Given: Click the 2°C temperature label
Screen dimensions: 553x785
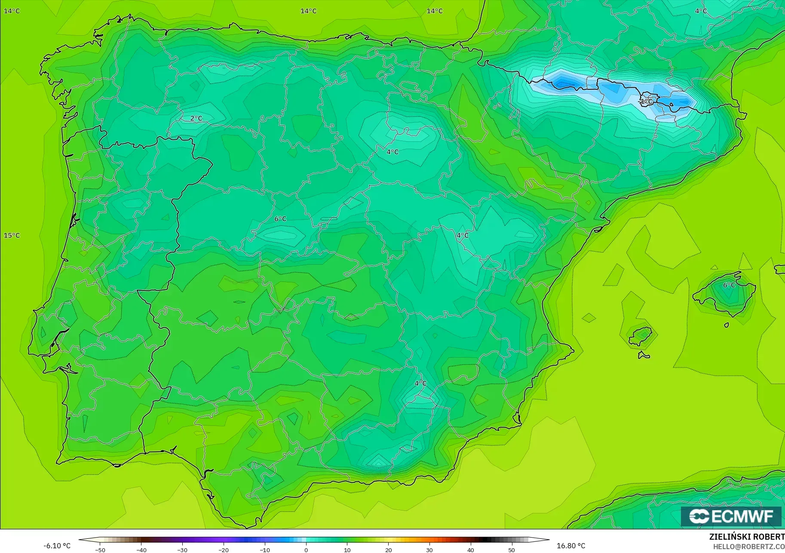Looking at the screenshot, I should [196, 118].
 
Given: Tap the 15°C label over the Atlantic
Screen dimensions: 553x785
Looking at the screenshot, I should [12, 235].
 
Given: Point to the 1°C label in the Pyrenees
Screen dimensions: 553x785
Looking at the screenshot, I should [646, 101].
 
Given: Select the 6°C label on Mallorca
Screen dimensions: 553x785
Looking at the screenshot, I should [729, 285].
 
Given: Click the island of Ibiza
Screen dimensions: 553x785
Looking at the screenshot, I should [641, 336].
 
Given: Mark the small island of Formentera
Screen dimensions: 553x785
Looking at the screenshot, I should [644, 355].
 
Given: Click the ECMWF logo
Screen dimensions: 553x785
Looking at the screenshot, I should [731, 516].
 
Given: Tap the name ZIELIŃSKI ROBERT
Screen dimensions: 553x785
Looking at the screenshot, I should [747, 537].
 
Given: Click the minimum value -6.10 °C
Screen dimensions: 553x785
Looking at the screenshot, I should [57, 546].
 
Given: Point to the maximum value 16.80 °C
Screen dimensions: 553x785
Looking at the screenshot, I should [571, 546].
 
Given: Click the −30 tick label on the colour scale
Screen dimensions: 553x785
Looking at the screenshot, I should [182, 550].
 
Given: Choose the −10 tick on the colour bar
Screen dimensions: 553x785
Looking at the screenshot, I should [265, 550].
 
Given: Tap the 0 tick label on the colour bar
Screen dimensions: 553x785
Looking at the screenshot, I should [306, 550].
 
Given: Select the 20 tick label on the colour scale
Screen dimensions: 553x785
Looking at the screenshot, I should [388, 550].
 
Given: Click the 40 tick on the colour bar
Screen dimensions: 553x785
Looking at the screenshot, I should [471, 550].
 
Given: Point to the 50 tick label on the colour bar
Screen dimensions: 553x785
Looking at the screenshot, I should [512, 550].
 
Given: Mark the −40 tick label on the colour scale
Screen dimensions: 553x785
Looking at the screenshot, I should [141, 550].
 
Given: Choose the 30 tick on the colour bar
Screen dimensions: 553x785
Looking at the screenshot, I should [429, 550].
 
